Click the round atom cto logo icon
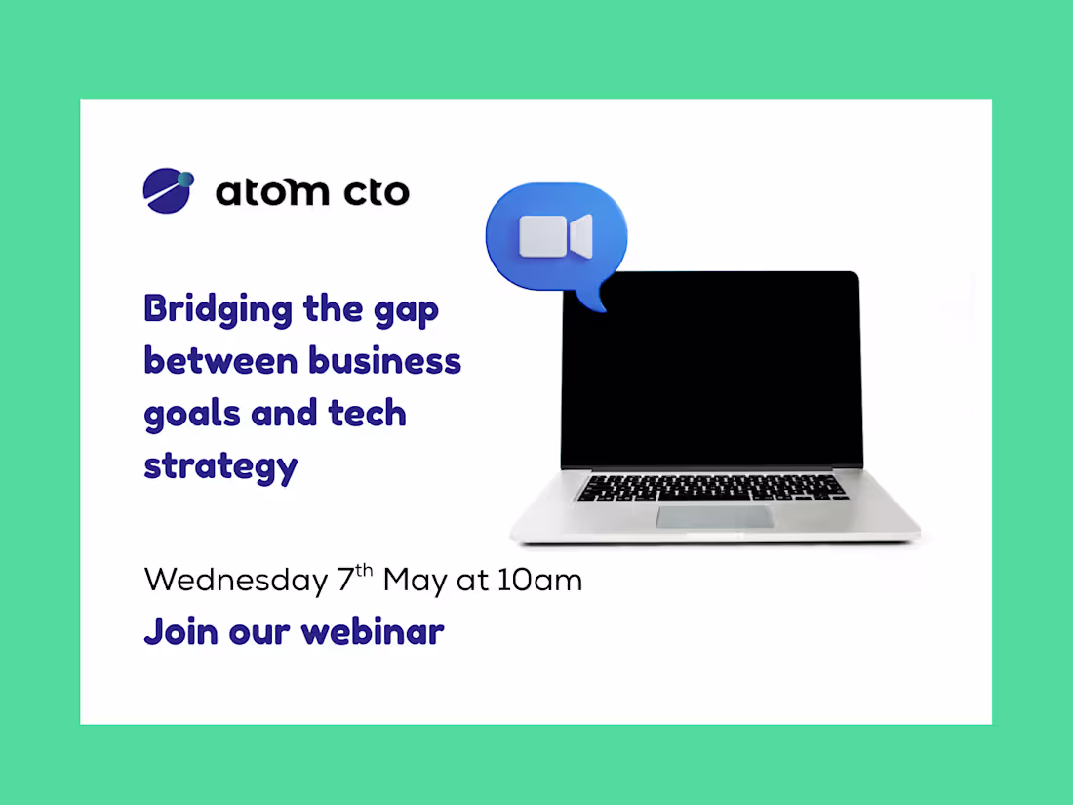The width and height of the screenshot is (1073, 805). pyautogui.click(x=169, y=190)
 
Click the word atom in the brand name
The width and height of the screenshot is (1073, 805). pyautogui.click(x=272, y=191)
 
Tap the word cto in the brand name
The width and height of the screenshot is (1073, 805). pyautogui.click(x=377, y=191)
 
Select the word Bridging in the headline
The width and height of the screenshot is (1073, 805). pyautogui.click(x=219, y=310)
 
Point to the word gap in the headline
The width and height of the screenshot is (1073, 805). pyautogui.click(x=406, y=311)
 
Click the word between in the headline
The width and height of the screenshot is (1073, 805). pyautogui.click(x=220, y=361)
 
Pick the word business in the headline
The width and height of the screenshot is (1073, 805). pyautogui.click(x=384, y=361)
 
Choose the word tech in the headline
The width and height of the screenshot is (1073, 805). pyautogui.click(x=368, y=413)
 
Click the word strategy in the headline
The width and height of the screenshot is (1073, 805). pyautogui.click(x=220, y=467)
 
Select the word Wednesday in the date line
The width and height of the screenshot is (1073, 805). pyautogui.click(x=236, y=581)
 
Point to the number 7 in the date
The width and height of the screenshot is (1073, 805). pyautogui.click(x=345, y=579)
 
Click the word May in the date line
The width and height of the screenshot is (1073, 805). pyautogui.click(x=415, y=582)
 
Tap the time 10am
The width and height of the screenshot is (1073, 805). pyautogui.click(x=540, y=580)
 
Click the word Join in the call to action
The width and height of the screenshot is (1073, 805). pyautogui.click(x=181, y=632)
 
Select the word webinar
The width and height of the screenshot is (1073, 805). pyautogui.click(x=373, y=631)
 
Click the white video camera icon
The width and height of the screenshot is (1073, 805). pyautogui.click(x=556, y=237)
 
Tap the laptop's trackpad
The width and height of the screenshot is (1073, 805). pyautogui.click(x=715, y=517)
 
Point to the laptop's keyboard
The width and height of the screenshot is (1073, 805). pyautogui.click(x=712, y=487)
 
